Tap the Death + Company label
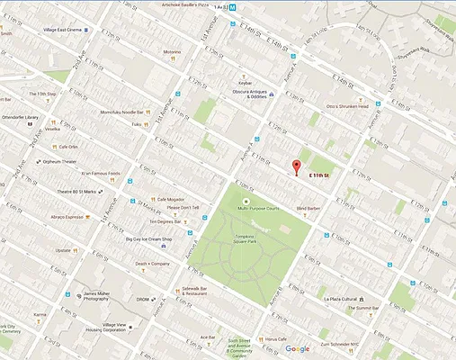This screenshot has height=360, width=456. click(152, 264)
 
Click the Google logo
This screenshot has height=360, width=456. click(298, 348)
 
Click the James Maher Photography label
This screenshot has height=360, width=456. click(103, 298)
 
